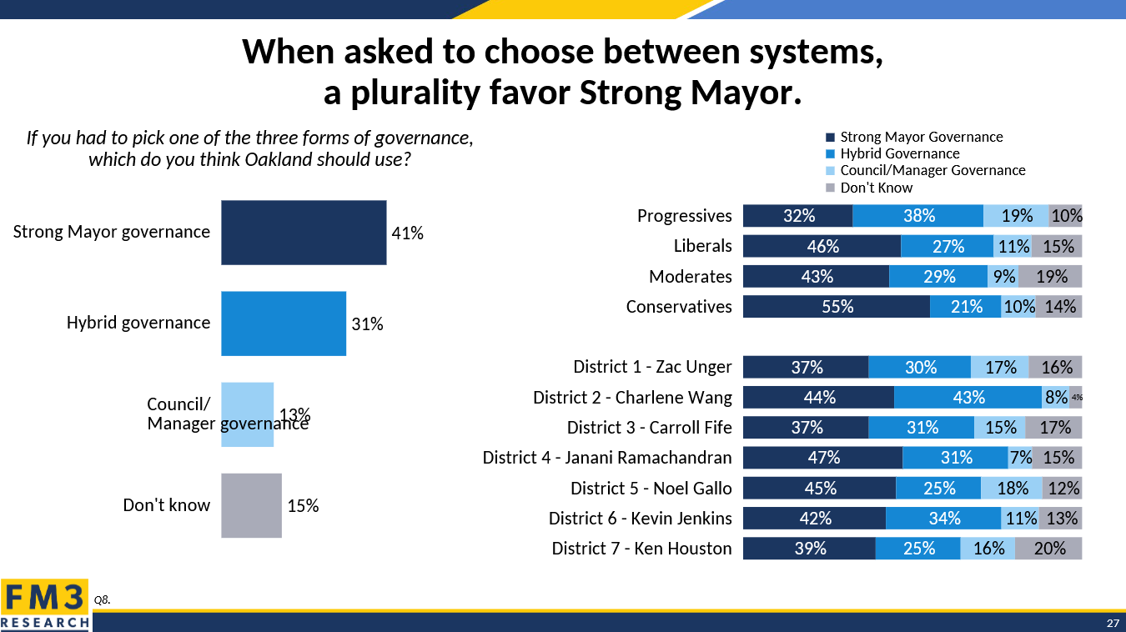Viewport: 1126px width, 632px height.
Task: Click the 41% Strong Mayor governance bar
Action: tap(304, 233)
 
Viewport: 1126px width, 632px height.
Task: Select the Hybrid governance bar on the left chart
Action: tap(284, 324)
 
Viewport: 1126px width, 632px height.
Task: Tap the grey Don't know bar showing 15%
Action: tap(251, 505)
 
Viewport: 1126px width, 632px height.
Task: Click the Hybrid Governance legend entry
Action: tap(899, 153)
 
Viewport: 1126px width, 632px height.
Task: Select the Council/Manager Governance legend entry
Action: tap(932, 170)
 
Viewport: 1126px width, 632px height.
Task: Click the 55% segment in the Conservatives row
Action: tap(837, 307)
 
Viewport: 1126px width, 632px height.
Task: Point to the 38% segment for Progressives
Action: tap(918, 216)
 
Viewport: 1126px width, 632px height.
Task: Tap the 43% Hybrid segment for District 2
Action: tap(968, 398)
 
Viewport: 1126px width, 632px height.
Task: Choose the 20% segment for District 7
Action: tap(1048, 549)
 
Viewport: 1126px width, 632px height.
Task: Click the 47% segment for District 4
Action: tap(822, 458)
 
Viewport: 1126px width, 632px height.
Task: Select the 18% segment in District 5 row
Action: tap(1011, 488)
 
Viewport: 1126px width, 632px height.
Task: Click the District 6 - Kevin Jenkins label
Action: tap(640, 519)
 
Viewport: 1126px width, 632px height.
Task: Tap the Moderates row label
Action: tap(690, 277)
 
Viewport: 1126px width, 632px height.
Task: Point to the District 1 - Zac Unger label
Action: tap(652, 367)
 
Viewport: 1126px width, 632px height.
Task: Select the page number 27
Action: tap(1113, 624)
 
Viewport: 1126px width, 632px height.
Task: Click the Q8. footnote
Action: tap(103, 599)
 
